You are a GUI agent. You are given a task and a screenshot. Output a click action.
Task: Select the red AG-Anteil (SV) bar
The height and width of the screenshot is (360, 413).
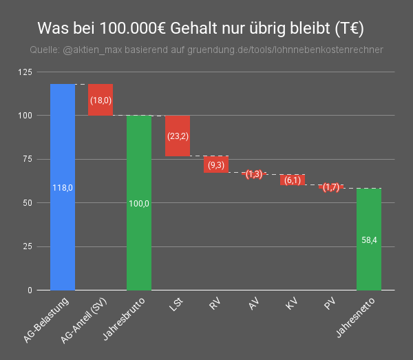click(x=100, y=100)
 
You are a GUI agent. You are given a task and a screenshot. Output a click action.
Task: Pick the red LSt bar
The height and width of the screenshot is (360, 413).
click(x=178, y=136)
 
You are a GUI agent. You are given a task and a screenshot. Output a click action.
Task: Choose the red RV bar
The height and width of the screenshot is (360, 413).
click(x=215, y=165)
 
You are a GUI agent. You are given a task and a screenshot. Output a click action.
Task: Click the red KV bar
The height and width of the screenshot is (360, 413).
click(x=293, y=180)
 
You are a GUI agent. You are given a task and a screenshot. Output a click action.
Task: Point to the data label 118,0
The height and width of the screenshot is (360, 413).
click(x=63, y=187)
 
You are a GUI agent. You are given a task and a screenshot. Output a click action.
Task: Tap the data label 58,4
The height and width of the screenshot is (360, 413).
click(x=369, y=240)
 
